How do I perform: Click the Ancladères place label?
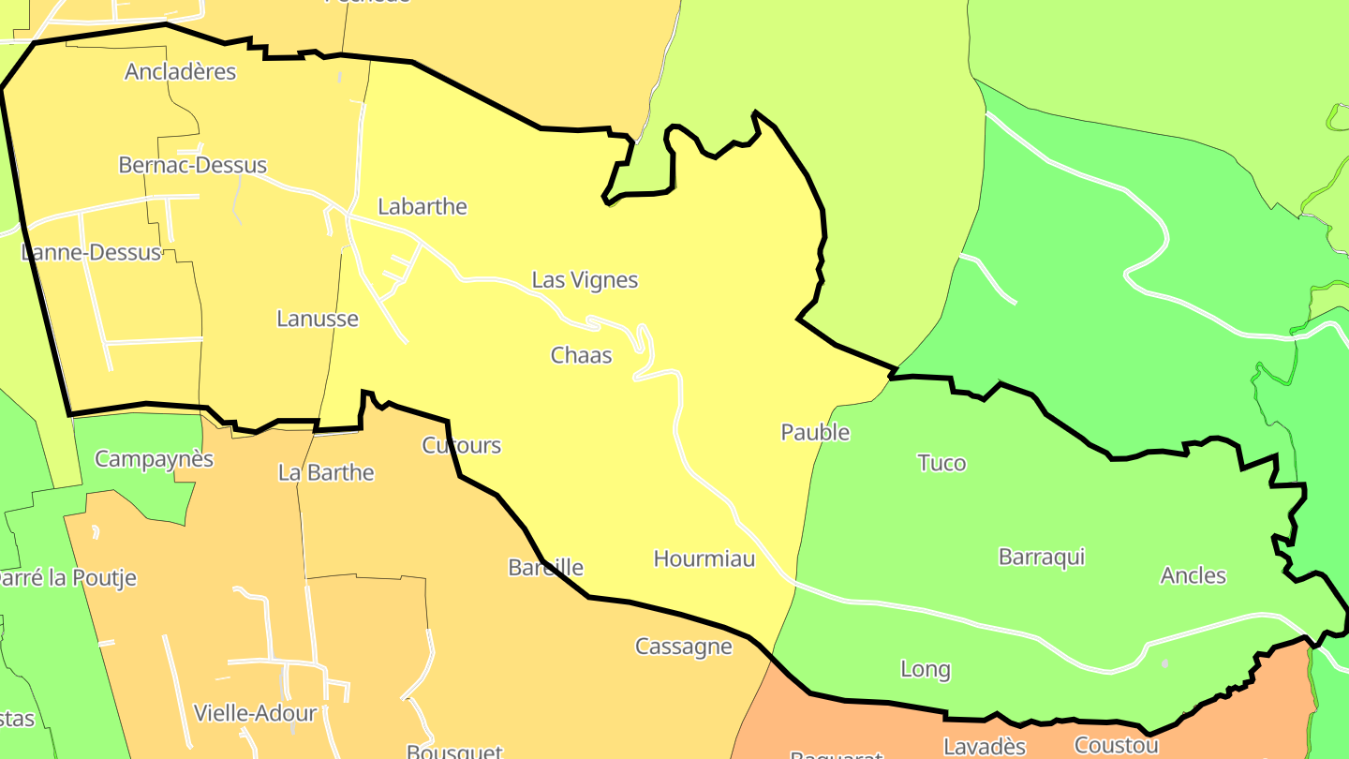coord(180,72)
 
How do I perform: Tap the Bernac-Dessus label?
coord(192,166)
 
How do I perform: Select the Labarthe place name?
coord(422,207)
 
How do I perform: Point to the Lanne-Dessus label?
coord(91,253)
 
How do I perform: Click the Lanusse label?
coord(318,319)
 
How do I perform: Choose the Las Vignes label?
coord(585,280)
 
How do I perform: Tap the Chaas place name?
coord(581,355)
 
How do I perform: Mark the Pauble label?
coord(815,433)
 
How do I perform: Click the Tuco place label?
coord(941,463)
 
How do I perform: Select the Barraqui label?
coord(1042,557)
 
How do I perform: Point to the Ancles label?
coord(1193,575)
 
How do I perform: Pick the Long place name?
coord(925,670)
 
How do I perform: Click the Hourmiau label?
coord(704,559)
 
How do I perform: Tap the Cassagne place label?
coord(684,647)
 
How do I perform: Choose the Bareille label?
coord(545,568)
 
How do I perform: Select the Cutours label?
coord(461,446)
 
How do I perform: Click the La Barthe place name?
coord(326,473)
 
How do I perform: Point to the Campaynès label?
coord(155,460)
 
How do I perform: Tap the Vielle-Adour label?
coord(255,713)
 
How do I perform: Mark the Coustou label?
coord(1116,746)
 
